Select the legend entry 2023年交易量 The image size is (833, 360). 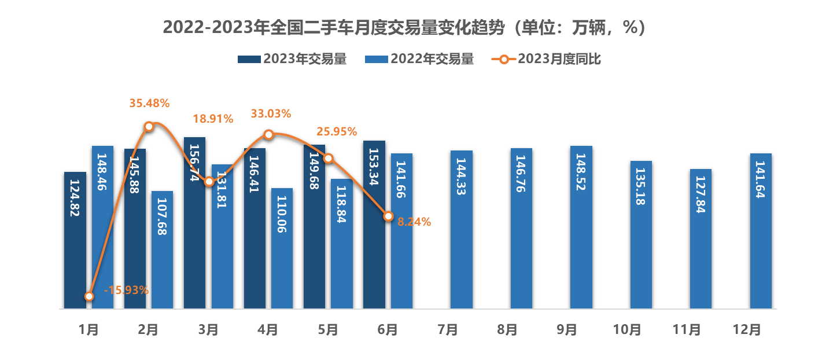coord(292,58)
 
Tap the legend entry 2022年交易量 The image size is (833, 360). coord(419,58)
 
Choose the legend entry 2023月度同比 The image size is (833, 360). coord(547,58)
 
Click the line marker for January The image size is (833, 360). coord(89,296)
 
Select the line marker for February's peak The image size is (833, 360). coord(149,126)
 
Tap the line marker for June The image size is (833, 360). coord(388,216)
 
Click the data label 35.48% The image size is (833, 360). coord(149,104)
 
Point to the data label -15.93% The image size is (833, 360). coord(127,290)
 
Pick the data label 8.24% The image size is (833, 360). coord(414,221)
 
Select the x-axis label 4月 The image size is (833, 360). coord(268,329)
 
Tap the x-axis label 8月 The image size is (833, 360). coord(507,329)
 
